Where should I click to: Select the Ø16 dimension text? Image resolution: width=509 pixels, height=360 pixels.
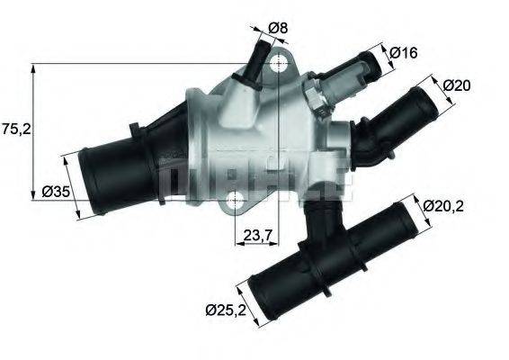point(404,53)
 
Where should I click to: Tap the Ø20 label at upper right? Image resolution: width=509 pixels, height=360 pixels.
point(459,85)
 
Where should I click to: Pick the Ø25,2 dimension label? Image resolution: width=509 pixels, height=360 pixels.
point(224,311)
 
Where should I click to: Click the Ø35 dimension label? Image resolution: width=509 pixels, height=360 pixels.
point(57,191)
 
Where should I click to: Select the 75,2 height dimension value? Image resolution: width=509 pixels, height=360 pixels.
point(16,129)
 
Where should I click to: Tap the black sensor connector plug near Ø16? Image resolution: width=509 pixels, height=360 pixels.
point(354,71)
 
